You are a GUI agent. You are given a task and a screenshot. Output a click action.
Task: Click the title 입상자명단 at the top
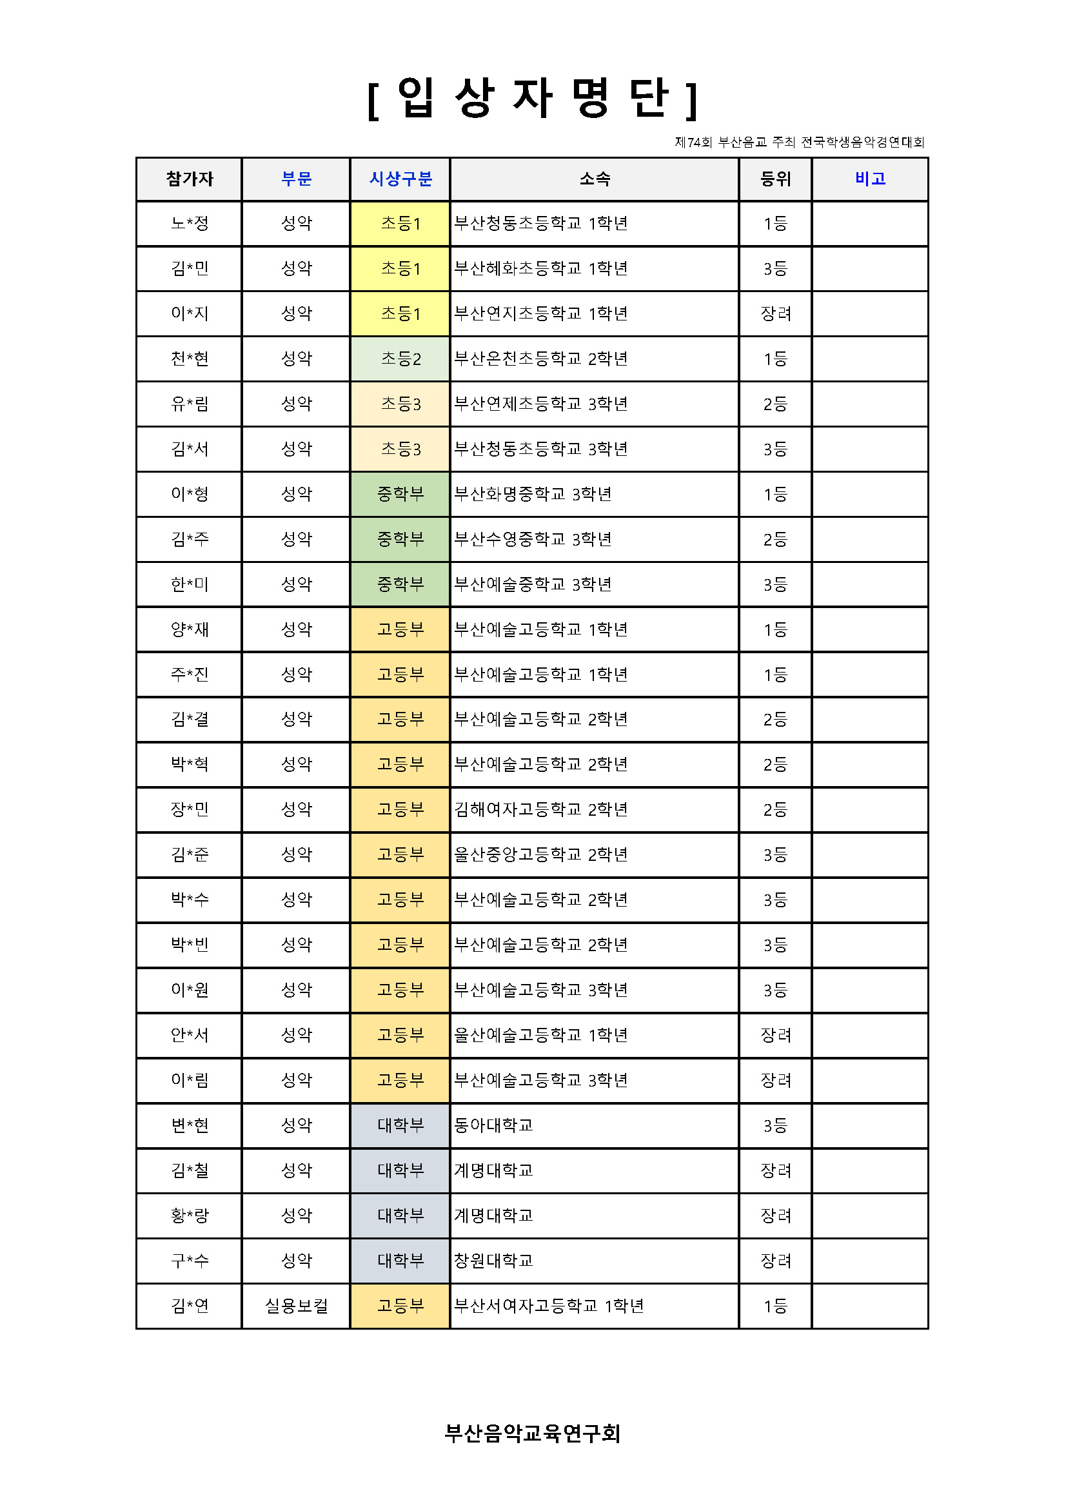coord(532,99)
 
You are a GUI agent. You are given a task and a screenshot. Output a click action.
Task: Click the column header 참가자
coord(189,179)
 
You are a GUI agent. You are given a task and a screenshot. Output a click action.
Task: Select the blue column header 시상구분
coord(400,179)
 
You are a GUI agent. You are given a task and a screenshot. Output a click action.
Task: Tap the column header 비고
coord(870,179)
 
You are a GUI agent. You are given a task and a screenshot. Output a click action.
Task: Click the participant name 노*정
coord(189,223)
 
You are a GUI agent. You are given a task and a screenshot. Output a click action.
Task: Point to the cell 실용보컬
coord(296,1306)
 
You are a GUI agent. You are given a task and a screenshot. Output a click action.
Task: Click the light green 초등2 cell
coord(400,359)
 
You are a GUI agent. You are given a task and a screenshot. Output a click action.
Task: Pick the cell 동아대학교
coord(493,1125)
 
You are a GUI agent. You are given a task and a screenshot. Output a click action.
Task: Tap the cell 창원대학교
coord(493,1260)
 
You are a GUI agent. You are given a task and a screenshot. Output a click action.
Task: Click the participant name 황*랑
coord(189,1216)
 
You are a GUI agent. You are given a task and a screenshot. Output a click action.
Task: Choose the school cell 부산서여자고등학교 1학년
coord(549,1306)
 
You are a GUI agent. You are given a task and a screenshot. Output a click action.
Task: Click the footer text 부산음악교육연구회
coord(532,1433)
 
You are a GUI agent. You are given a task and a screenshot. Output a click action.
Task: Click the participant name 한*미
coord(189,584)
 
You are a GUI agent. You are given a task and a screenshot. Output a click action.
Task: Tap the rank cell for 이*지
coord(775,313)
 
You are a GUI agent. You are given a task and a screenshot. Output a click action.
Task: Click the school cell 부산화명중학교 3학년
coord(532,493)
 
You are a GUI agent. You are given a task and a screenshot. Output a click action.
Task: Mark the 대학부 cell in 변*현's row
coord(400,1125)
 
